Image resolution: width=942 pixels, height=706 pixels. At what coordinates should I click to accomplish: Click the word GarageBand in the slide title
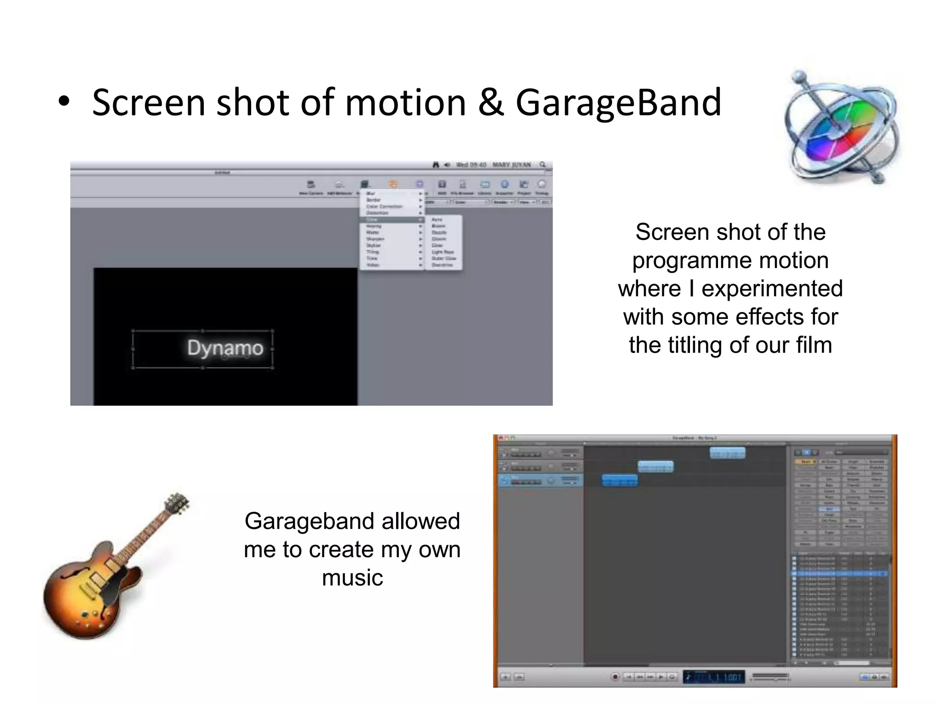pyautogui.click(x=618, y=103)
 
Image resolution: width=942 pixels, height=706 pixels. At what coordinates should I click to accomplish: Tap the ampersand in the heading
pyautogui.click(x=491, y=103)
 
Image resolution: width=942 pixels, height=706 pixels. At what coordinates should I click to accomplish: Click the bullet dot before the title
pyautogui.click(x=64, y=102)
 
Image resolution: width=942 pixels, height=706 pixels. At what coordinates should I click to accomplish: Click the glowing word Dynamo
pyautogui.click(x=225, y=348)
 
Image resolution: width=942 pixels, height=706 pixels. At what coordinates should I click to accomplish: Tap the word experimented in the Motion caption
pyautogui.click(x=772, y=289)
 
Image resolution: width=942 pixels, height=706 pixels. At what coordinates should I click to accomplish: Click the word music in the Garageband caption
pyautogui.click(x=352, y=578)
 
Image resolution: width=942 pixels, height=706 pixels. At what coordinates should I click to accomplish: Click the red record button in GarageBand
pyautogui.click(x=615, y=677)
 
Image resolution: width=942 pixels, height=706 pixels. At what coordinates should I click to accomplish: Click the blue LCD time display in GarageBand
pyautogui.click(x=713, y=677)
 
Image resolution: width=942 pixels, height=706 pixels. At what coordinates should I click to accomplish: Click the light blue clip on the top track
pyautogui.click(x=727, y=453)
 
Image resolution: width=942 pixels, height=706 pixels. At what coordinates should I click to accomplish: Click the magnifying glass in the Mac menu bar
pyautogui.click(x=543, y=165)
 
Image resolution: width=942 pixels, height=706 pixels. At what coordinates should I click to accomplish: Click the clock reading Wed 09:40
pyautogui.click(x=471, y=165)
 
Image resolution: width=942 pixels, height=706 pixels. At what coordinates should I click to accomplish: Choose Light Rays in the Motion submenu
pyautogui.click(x=442, y=252)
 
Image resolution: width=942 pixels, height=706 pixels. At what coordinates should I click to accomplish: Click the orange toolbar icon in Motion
pyautogui.click(x=393, y=184)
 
